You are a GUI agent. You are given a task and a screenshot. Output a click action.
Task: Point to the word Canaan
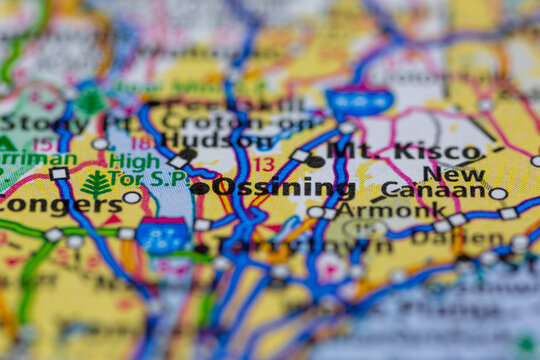[433, 189]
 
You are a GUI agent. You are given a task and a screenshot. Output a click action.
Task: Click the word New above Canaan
[461, 173]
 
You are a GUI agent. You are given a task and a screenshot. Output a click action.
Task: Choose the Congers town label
[60, 205]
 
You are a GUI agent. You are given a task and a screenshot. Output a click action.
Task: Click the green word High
[134, 160]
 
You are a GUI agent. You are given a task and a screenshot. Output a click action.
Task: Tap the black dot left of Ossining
[200, 188]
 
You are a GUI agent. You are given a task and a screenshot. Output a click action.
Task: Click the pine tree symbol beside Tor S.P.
[97, 184]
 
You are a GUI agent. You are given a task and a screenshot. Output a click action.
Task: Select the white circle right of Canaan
[498, 194]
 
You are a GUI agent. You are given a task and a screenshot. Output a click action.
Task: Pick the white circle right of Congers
[132, 198]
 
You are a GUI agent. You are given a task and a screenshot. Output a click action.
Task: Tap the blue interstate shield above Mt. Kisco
[359, 100]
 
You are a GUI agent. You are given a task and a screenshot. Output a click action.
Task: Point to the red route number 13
[263, 164]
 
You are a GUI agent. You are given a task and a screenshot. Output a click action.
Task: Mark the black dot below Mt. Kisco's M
[315, 161]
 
